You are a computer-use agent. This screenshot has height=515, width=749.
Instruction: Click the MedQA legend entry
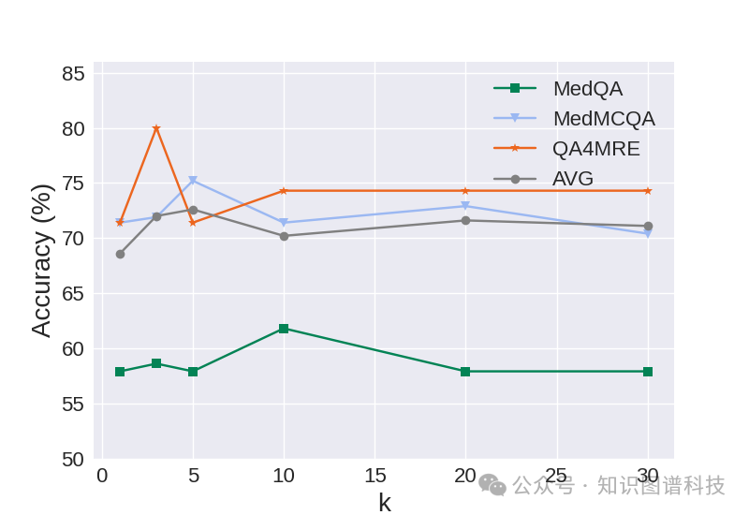(587, 89)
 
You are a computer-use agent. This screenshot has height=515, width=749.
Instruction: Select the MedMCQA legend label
(603, 119)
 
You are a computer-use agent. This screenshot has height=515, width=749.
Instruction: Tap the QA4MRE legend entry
(595, 148)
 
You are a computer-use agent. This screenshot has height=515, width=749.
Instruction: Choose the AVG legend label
(572, 178)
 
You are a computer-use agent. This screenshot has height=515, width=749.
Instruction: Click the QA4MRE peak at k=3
(156, 128)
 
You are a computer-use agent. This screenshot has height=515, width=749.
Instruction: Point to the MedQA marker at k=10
(284, 329)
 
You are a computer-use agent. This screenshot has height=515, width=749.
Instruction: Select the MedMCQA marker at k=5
(193, 180)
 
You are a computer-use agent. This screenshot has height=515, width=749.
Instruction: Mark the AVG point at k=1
(120, 254)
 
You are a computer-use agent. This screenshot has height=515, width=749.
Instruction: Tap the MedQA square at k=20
(465, 372)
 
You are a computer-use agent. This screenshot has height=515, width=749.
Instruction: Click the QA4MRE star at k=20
(465, 191)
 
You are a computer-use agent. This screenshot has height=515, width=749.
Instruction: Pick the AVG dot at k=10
(284, 236)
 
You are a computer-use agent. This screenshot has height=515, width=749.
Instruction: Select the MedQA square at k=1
(120, 372)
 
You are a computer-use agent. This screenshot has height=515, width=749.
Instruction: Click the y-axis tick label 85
(73, 73)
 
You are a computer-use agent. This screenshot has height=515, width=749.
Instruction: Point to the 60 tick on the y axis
(73, 348)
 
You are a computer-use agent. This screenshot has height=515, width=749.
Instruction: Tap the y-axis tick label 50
(73, 459)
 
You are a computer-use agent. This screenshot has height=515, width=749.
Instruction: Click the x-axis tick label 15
(374, 476)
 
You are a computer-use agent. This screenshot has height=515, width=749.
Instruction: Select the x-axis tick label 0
(102, 476)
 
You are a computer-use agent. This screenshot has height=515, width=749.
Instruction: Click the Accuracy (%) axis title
(41, 260)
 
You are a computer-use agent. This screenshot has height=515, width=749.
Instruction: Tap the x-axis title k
(384, 503)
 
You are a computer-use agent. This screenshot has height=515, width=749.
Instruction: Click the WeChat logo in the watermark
(492, 484)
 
